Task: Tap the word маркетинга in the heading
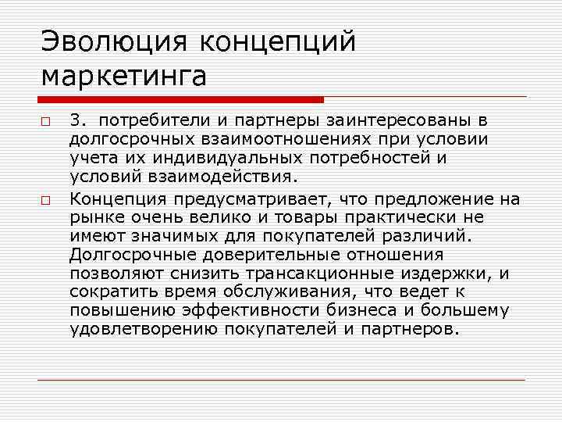(124, 76)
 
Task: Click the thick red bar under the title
(180, 100)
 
